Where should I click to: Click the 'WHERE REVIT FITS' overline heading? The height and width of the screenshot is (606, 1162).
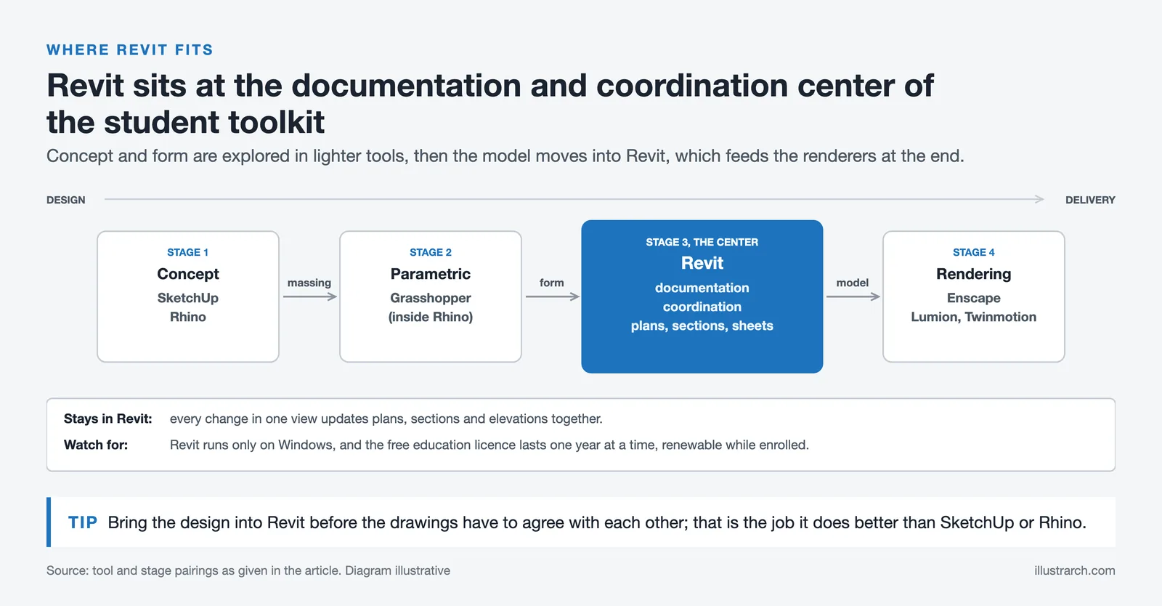(130, 50)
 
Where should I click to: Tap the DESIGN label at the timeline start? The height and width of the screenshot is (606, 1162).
(66, 200)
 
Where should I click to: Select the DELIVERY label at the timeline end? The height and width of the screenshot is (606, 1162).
(1090, 200)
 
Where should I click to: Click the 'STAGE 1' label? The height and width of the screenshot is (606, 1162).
(188, 252)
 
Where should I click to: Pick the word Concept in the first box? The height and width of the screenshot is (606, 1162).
(188, 274)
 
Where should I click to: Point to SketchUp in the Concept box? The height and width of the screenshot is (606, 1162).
(188, 298)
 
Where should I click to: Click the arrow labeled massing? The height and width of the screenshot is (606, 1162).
(309, 296)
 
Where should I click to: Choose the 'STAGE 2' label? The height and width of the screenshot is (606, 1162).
(431, 252)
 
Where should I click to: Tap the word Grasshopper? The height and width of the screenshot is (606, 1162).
(431, 298)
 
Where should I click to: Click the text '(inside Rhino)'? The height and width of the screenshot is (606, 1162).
(431, 317)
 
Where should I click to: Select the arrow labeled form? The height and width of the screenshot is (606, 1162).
(553, 296)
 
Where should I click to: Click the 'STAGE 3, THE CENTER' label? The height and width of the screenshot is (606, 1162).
(702, 242)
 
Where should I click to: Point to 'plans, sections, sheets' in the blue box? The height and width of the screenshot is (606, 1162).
(702, 326)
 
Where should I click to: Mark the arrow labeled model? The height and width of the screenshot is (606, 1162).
(853, 296)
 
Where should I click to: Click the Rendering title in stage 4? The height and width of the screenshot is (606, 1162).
(974, 274)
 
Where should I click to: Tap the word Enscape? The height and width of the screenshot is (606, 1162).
(974, 298)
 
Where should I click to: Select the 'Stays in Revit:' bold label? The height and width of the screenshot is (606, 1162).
(108, 419)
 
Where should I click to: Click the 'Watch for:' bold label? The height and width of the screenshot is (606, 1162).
(96, 445)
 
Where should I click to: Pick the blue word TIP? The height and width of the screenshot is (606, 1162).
(83, 522)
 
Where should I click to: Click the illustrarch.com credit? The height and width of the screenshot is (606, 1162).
(1074, 570)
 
